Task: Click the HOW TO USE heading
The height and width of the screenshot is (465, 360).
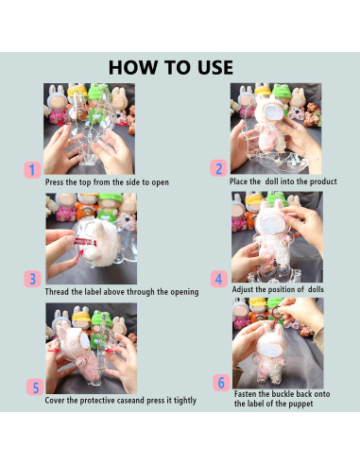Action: tap(171, 67)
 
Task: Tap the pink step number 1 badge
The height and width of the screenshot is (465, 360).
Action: tap(32, 170)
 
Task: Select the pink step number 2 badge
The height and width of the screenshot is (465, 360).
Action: tap(218, 168)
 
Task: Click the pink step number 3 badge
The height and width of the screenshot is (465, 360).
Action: tap(32, 279)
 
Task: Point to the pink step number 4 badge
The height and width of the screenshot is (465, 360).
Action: tap(219, 279)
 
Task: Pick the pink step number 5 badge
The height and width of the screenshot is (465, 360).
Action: tap(35, 387)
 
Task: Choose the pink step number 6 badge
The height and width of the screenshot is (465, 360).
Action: tap(221, 383)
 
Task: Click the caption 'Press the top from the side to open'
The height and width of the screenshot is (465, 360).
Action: tap(107, 182)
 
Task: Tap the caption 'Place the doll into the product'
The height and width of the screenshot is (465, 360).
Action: tap(283, 181)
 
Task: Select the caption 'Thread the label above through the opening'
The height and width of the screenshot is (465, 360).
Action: tap(122, 292)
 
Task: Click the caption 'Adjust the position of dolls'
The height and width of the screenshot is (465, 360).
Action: tap(278, 289)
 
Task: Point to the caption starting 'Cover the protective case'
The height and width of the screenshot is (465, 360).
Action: tap(121, 401)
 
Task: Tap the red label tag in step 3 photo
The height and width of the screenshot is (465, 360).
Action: tap(85, 242)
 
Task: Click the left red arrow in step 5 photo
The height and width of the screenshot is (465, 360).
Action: tap(54, 351)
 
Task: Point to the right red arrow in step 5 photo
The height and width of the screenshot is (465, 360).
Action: tap(111, 350)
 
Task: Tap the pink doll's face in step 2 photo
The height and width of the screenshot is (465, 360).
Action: tap(272, 112)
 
